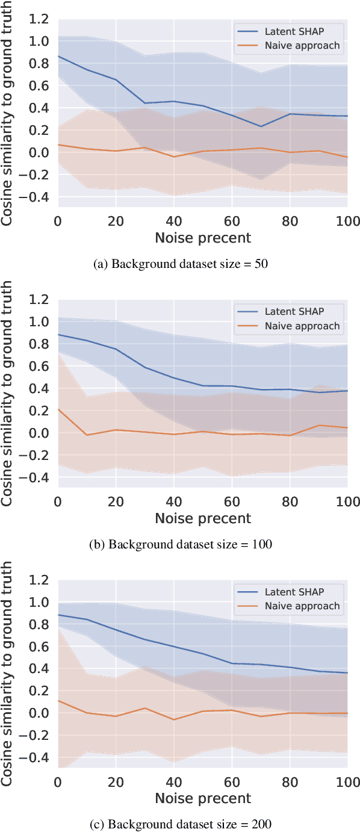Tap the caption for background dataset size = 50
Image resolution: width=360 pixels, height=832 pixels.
click(x=179, y=264)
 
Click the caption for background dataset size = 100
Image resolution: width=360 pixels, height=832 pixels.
click(x=179, y=544)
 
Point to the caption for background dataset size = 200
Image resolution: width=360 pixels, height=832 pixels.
click(x=179, y=824)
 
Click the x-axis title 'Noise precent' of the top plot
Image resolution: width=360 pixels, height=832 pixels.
click(x=203, y=238)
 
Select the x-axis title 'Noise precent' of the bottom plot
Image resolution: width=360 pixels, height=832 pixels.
click(x=203, y=798)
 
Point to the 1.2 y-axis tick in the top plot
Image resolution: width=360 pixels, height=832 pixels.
click(x=42, y=19)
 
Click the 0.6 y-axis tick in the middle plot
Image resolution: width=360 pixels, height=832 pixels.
click(x=42, y=366)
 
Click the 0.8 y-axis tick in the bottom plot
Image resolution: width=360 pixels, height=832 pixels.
click(x=42, y=624)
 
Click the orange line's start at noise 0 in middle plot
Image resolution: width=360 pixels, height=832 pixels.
click(x=58, y=409)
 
